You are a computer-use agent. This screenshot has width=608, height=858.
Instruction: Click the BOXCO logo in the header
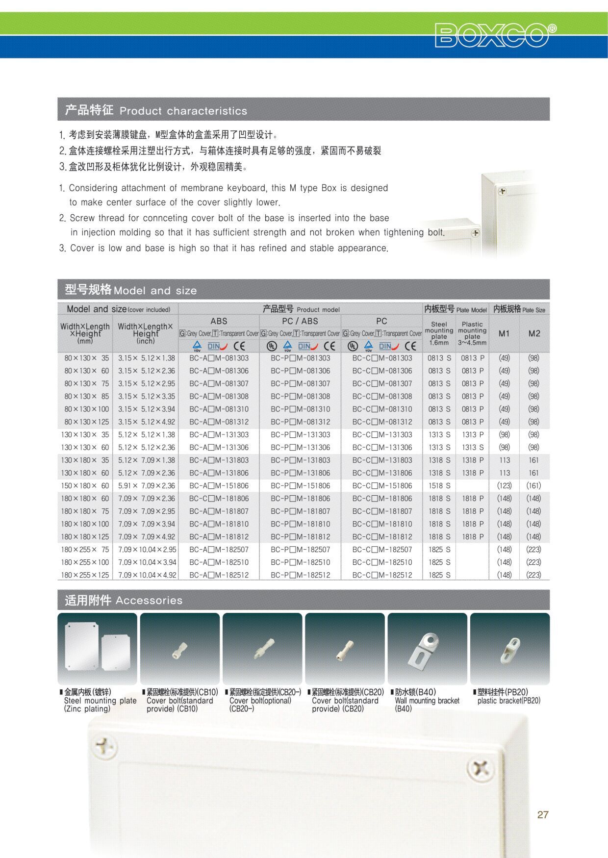pyautogui.click(x=495, y=35)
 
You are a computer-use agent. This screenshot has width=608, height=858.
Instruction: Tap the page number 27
pyautogui.click(x=543, y=814)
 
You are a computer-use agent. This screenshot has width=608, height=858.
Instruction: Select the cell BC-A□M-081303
pyautogui.click(x=219, y=358)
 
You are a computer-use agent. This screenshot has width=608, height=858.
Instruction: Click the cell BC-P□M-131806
pyautogui.click(x=300, y=448)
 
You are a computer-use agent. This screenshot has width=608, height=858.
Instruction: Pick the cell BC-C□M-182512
pyautogui.click(x=382, y=575)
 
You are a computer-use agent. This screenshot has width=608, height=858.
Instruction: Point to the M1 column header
pyautogui.click(x=504, y=333)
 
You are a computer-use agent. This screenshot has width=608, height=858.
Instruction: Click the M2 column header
pyautogui.click(x=534, y=333)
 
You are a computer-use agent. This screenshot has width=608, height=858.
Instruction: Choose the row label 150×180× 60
pyautogui.click(x=85, y=486)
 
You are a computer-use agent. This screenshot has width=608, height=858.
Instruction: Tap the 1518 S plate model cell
pyautogui.click(x=439, y=486)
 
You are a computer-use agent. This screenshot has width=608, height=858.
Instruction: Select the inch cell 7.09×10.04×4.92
pyautogui.click(x=147, y=575)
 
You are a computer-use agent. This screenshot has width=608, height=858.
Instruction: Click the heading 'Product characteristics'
pyautogui.click(x=183, y=111)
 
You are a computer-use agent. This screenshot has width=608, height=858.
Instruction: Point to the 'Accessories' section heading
pyautogui.click(x=149, y=601)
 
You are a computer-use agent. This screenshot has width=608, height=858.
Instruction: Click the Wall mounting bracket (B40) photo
pyautogui.click(x=427, y=649)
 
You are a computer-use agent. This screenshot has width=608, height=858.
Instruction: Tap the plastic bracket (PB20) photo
pyautogui.click(x=509, y=649)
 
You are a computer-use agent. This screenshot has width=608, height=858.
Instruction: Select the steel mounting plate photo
pyautogui.click(x=97, y=649)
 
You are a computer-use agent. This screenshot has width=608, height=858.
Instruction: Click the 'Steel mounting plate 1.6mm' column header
pyautogui.click(x=439, y=333)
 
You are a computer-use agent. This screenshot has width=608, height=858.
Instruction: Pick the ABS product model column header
pyautogui.click(x=219, y=321)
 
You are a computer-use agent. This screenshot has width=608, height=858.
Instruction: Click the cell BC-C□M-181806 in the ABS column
pyautogui.click(x=219, y=499)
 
